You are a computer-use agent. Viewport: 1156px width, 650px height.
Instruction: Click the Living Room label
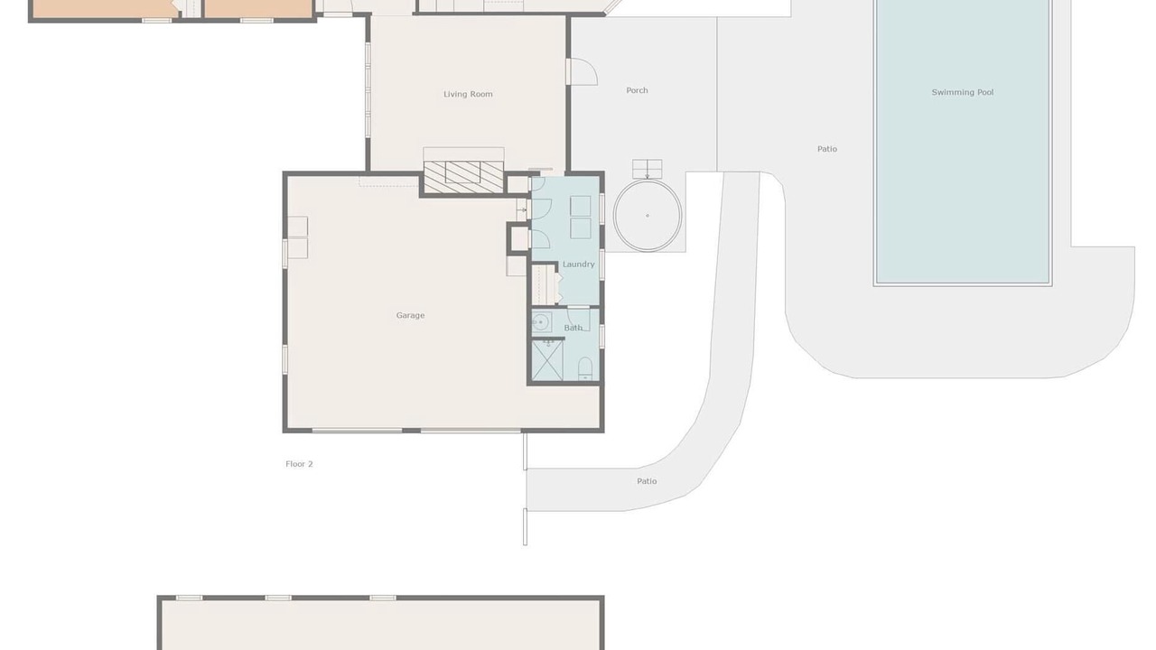pyautogui.click(x=468, y=94)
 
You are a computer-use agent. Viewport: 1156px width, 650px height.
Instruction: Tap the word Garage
pyautogui.click(x=410, y=315)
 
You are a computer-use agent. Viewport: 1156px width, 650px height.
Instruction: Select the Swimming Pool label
pyautogui.click(x=963, y=92)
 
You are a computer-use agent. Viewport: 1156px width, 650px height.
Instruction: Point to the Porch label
pyautogui.click(x=637, y=90)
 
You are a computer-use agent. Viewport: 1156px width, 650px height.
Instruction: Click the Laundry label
pyautogui.click(x=579, y=265)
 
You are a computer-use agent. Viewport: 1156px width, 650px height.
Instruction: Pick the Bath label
pyautogui.click(x=573, y=328)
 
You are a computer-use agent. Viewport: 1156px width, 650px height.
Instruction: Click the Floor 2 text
pyautogui.click(x=299, y=464)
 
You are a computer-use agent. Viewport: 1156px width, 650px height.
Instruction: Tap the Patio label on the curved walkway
pyautogui.click(x=647, y=481)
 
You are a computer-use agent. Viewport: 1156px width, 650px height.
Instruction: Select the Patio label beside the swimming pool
pyautogui.click(x=826, y=149)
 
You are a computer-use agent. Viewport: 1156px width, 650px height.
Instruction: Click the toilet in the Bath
pyautogui.click(x=584, y=368)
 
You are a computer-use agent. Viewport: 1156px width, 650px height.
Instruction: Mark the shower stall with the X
pyautogui.click(x=547, y=360)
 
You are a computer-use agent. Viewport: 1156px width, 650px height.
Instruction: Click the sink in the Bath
pyautogui.click(x=541, y=322)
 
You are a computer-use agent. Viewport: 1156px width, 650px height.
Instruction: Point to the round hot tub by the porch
pyautogui.click(x=648, y=216)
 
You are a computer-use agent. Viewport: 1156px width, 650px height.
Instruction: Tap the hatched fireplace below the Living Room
pyautogui.click(x=463, y=177)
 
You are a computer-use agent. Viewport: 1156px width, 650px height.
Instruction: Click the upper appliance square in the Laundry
pyautogui.click(x=580, y=206)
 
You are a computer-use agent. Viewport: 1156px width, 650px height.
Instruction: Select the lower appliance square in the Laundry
pyautogui.click(x=580, y=228)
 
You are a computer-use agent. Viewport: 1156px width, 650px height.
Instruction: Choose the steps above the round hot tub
pyautogui.click(x=648, y=169)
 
